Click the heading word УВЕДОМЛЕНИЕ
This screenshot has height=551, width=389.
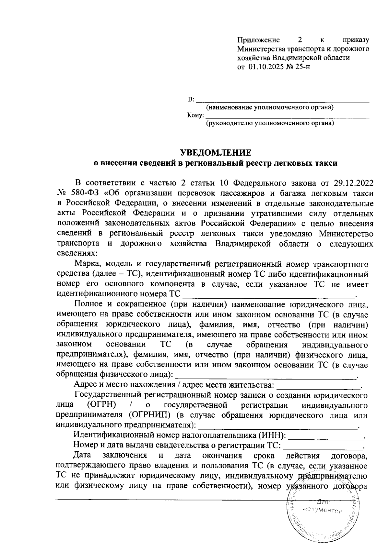pyautogui.click(x=216, y=152)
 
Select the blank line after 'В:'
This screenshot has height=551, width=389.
pyautogui.click(x=283, y=100)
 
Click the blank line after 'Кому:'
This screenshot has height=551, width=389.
pyautogui.click(x=288, y=116)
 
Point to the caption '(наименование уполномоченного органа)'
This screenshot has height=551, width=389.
pyautogui.click(x=270, y=107)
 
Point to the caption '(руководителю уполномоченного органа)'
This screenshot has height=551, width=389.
pyautogui.click(x=270, y=123)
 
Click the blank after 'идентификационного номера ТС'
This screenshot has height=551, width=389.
pyautogui.click(x=269, y=295)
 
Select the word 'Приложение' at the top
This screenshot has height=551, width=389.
pyautogui.click(x=259, y=40)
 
